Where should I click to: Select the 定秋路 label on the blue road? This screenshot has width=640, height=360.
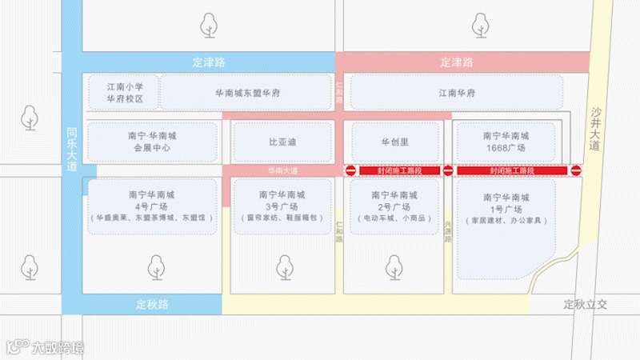(x=152, y=304)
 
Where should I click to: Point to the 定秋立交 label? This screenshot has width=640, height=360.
(x=586, y=304)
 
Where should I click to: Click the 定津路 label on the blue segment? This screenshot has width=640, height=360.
(x=209, y=62)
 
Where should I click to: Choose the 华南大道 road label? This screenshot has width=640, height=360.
(x=282, y=171)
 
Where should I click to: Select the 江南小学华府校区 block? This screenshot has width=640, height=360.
(x=126, y=93)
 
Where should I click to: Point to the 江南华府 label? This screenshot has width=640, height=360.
(x=457, y=94)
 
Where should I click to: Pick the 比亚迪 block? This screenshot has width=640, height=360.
(x=282, y=142)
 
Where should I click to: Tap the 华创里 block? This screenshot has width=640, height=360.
(x=395, y=142)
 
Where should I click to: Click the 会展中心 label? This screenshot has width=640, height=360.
(x=151, y=148)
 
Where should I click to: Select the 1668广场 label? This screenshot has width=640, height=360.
(x=505, y=148)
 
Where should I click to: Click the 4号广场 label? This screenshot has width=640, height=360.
(x=151, y=205)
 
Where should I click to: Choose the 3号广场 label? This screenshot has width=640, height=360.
(x=282, y=205)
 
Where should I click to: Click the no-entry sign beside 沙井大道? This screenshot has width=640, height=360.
(x=576, y=170)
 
